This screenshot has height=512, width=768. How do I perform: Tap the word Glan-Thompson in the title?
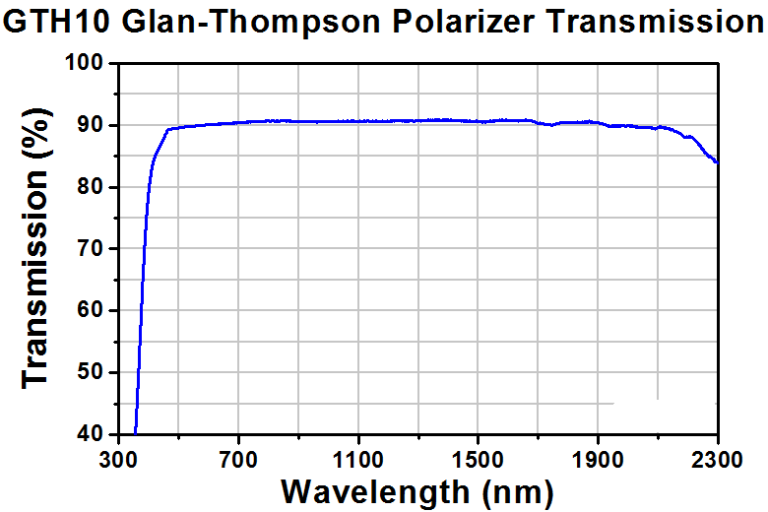coord(250,23)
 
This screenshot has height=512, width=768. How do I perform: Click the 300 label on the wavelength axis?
coord(118,461)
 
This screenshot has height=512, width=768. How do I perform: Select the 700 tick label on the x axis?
coord(238,461)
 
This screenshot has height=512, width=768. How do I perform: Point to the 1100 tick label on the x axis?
coord(358,461)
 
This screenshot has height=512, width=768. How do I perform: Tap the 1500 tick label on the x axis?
coord(478,461)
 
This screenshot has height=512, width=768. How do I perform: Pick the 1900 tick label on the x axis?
coord(598,461)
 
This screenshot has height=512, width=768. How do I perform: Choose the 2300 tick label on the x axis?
coord(717,461)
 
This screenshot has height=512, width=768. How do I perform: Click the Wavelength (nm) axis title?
coord(417,492)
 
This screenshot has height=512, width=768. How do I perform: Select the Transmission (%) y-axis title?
coord(35,248)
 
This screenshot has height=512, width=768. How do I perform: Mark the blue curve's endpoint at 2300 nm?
coord(718,162)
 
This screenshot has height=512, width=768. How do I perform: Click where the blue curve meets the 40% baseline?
coord(135,433)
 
